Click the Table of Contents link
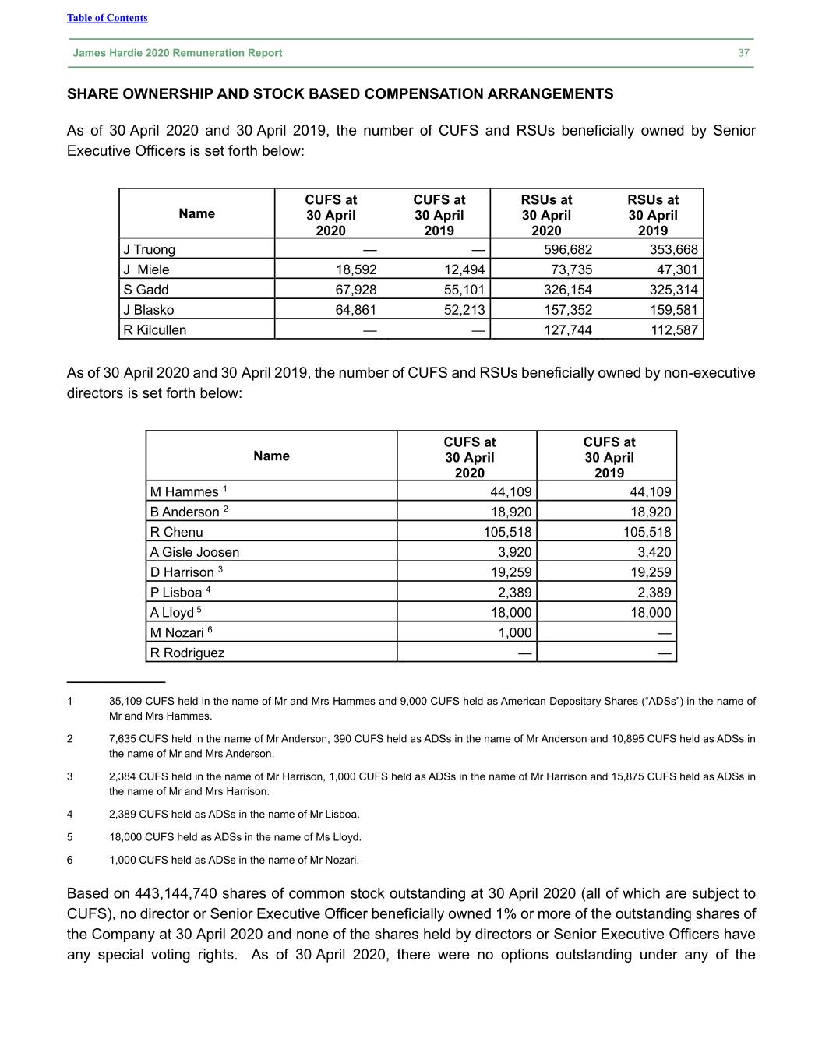tap(107, 18)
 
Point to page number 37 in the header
tap(743, 53)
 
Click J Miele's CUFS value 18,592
tap(355, 270)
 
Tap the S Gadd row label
tap(146, 290)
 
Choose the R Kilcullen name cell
tap(155, 330)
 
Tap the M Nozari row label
tap(177, 633)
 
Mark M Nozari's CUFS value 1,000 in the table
tap(515, 633)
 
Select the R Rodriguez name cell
tap(187, 653)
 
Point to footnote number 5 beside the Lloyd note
tap(70, 837)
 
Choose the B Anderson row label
tap(185, 512)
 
